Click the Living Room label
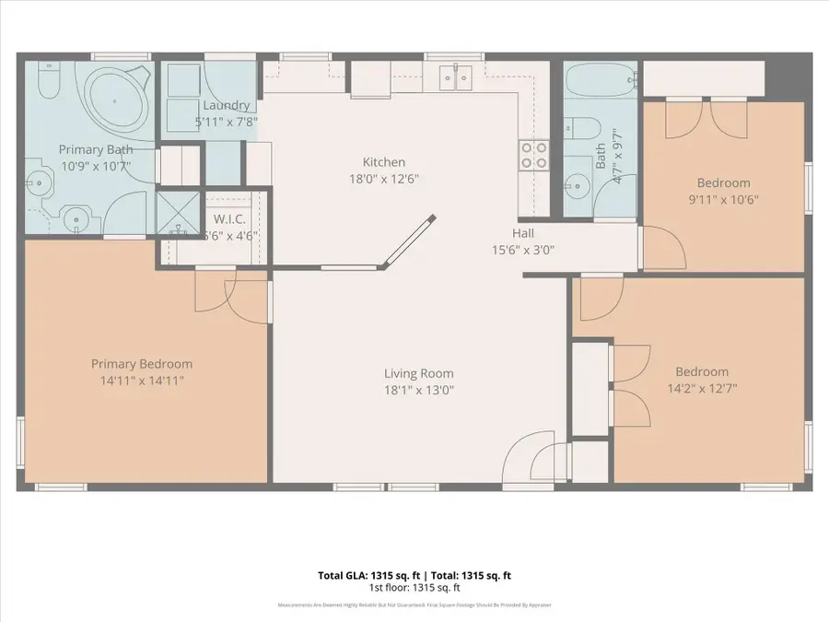419,373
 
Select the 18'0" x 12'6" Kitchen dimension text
384,180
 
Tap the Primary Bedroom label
141,364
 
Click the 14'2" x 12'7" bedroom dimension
702,388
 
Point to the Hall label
523,233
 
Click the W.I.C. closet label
228,219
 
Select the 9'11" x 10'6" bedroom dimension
723,199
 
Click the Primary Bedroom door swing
218,296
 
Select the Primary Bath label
96,149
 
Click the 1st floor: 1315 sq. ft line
414,587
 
